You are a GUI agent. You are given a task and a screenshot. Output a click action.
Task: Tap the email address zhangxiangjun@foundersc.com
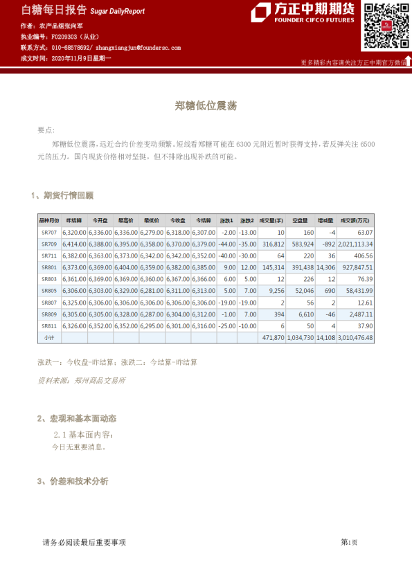pos(138,48)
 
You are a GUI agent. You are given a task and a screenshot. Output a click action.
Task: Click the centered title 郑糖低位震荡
pos(206,106)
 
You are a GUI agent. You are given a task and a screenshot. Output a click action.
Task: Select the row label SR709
pos(49,244)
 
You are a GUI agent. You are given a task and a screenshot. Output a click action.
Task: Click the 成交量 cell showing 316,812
pos(271,244)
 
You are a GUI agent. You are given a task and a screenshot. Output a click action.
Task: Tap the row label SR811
pos(49,325)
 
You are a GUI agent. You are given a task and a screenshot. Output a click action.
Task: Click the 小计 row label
pos(49,337)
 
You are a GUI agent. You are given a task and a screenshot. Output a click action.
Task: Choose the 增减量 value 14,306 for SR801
pos(325,267)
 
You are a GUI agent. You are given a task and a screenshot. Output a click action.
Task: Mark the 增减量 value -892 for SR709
pos(327,244)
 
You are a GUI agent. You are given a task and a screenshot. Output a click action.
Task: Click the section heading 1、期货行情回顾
pos(62,195)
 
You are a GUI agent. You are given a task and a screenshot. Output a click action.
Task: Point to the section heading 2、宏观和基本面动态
pos(76,418)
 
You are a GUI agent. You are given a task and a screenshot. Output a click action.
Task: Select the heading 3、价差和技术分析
pos(72,481)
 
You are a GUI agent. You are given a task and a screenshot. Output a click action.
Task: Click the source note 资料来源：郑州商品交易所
pos(82,380)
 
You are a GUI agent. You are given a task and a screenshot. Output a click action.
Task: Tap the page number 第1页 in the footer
pos(348,542)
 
